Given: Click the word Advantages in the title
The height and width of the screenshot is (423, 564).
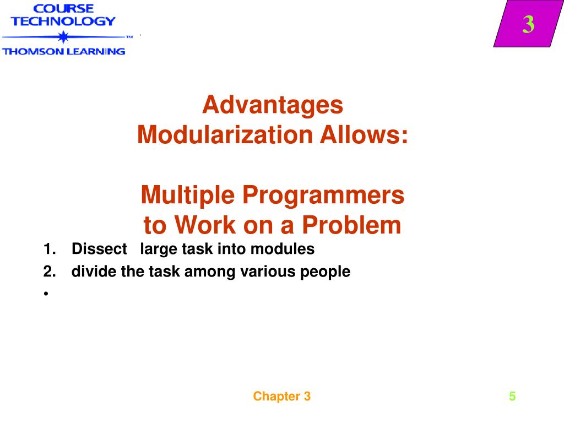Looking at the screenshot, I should [273, 105].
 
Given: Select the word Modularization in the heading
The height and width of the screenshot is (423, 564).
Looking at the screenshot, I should [223, 135].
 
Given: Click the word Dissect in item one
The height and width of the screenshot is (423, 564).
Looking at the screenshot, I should [99, 250].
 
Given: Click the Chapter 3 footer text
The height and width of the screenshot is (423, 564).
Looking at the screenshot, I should [282, 397].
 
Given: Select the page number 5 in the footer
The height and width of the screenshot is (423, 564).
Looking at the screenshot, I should [512, 397].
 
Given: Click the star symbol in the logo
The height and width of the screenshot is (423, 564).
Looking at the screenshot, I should [63, 37].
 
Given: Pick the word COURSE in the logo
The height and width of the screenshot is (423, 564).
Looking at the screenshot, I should [63, 8].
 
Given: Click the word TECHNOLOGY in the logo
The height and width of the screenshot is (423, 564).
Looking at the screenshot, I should [63, 21].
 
